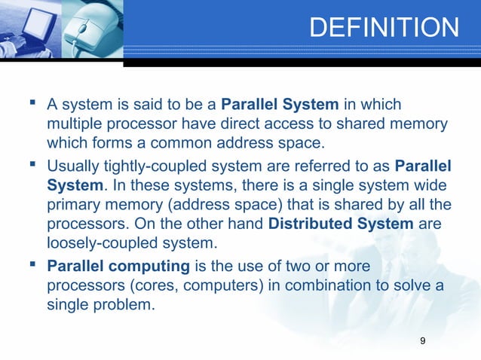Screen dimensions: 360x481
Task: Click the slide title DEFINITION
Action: (383, 28)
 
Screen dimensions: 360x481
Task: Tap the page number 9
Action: (422, 342)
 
